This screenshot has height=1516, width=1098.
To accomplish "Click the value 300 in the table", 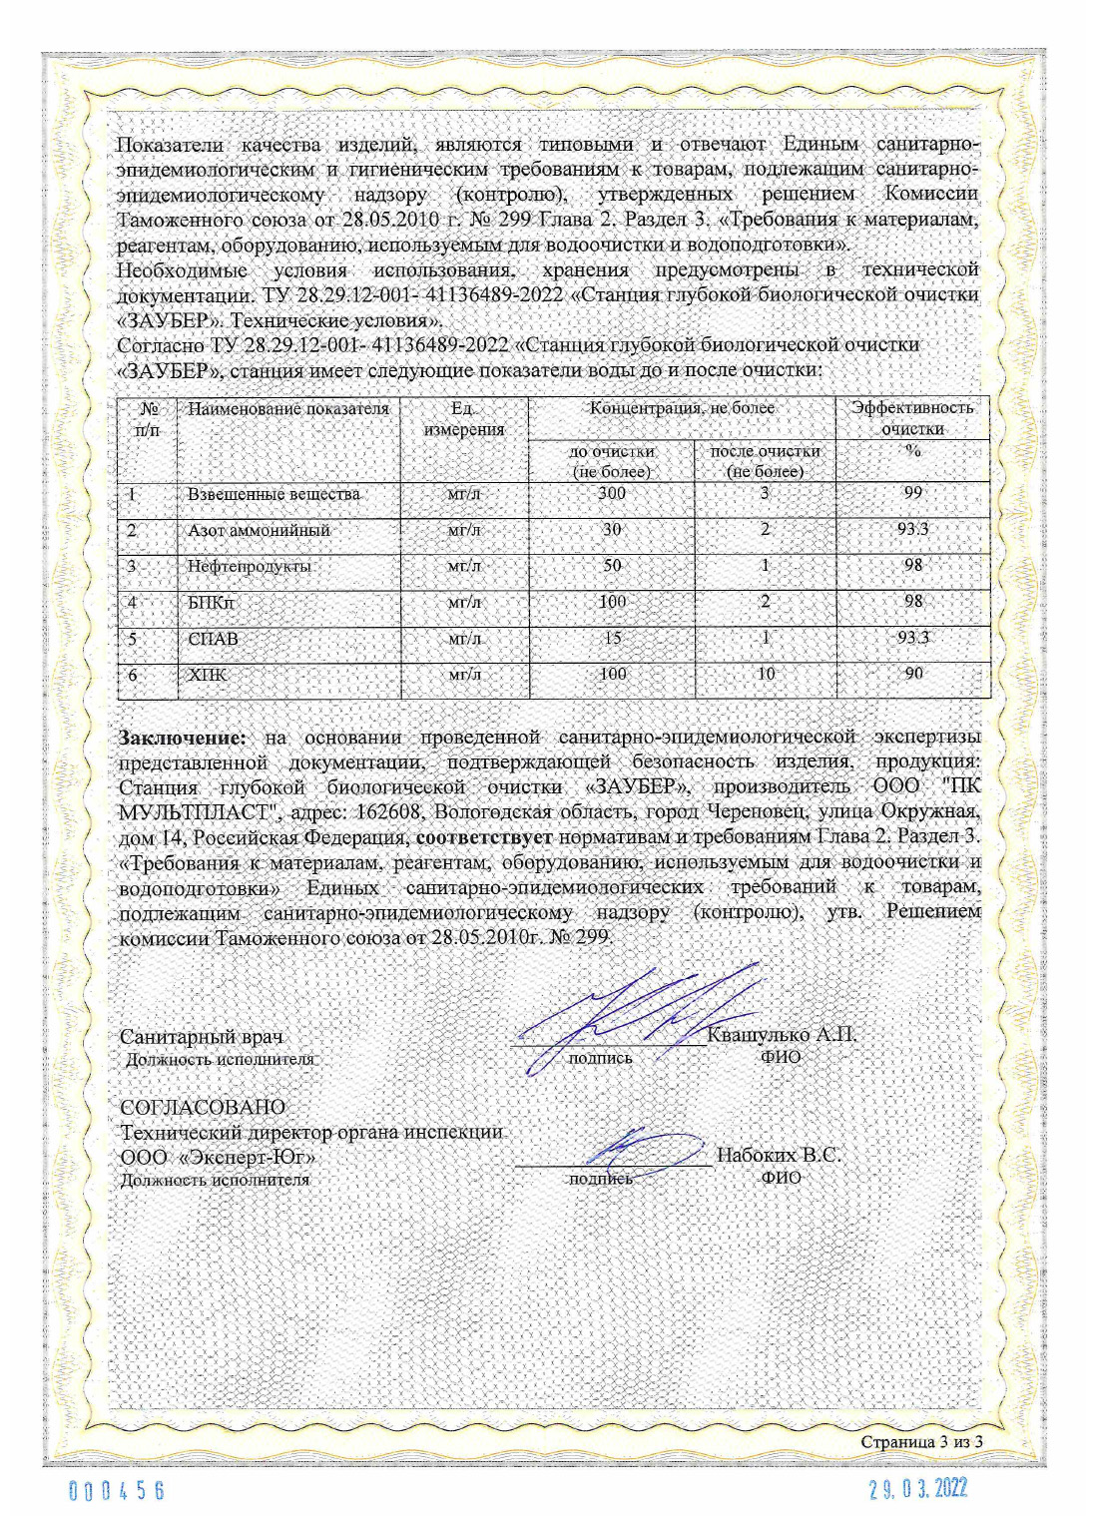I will pos(612,493).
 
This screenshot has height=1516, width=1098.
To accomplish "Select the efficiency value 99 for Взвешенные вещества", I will pos(912,493).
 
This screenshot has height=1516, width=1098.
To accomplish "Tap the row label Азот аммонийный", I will pos(259,530).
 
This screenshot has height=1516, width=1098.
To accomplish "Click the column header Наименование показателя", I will pos(288,408).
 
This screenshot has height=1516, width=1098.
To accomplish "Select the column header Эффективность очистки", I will pos(912,418).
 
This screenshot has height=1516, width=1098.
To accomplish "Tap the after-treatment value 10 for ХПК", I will pos(766,675).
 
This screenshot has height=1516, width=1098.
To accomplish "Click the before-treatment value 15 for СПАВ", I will pos(612,639).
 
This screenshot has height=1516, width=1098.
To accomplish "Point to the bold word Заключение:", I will pos(182,738).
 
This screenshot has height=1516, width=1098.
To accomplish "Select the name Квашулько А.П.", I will pos(782,1035).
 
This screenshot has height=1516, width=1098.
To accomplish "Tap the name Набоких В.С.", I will pos(779,1156).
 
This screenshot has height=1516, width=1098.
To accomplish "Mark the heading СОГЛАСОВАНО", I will pos(203,1108).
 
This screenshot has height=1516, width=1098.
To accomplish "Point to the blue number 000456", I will pos(117,1491).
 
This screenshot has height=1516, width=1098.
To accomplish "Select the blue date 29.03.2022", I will pos(918,1490).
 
